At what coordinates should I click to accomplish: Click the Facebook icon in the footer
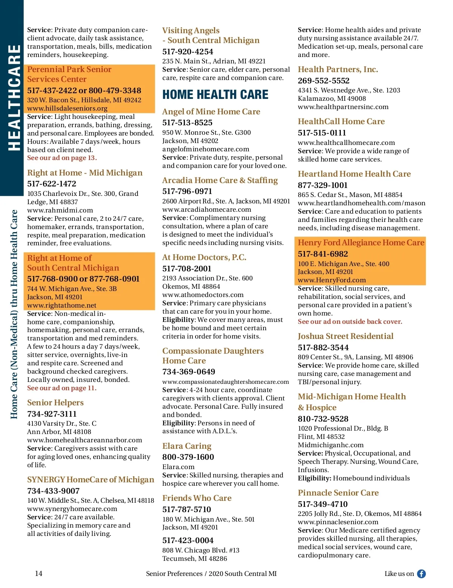tap(421, 574)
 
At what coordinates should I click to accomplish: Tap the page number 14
tap(39, 574)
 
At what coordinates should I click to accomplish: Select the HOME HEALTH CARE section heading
tap(215, 94)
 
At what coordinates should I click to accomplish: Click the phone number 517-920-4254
tap(188, 52)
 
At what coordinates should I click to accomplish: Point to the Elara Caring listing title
tap(187, 446)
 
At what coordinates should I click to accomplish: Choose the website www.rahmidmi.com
tap(60, 210)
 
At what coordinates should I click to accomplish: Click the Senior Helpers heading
tap(55, 403)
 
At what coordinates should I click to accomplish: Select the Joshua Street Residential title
tap(345, 336)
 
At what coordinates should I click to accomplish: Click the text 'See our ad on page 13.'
tap(62, 158)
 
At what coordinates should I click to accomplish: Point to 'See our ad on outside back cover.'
tap(350, 322)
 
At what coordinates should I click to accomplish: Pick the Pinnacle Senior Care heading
tap(338, 493)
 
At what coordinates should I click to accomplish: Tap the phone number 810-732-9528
tap(323, 419)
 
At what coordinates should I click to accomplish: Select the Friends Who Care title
tap(197, 498)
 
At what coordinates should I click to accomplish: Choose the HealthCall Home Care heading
tap(341, 122)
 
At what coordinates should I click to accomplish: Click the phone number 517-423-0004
tap(188, 540)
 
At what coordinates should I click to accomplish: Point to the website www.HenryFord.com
tap(332, 280)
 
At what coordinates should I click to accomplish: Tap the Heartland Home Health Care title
tap(354, 174)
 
